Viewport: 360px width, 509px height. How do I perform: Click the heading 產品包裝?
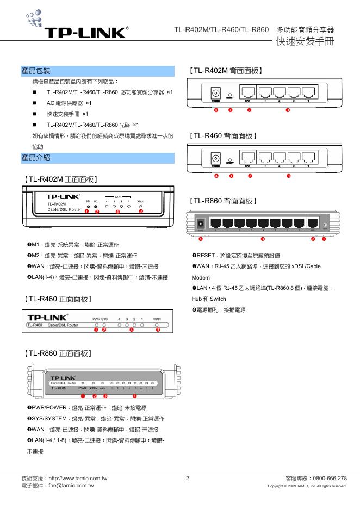[x=36, y=71]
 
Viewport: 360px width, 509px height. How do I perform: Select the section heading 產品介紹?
[x=36, y=158]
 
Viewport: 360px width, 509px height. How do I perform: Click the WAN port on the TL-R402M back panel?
[x=249, y=92]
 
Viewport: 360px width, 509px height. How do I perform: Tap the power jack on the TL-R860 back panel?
[x=201, y=224]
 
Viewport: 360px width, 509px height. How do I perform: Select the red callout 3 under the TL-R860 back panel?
[x=263, y=239]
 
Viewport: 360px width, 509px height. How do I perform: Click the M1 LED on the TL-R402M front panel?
[x=87, y=207]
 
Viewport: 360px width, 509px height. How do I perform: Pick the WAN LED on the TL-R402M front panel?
[x=140, y=207]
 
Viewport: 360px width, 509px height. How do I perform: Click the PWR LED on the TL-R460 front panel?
[x=96, y=325]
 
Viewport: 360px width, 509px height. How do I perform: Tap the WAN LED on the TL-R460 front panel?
[x=158, y=325]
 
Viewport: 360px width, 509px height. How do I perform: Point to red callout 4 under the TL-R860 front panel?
[x=134, y=395]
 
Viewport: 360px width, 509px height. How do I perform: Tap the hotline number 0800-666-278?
[x=331, y=478]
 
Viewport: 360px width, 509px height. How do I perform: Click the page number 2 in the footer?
[x=187, y=478]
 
